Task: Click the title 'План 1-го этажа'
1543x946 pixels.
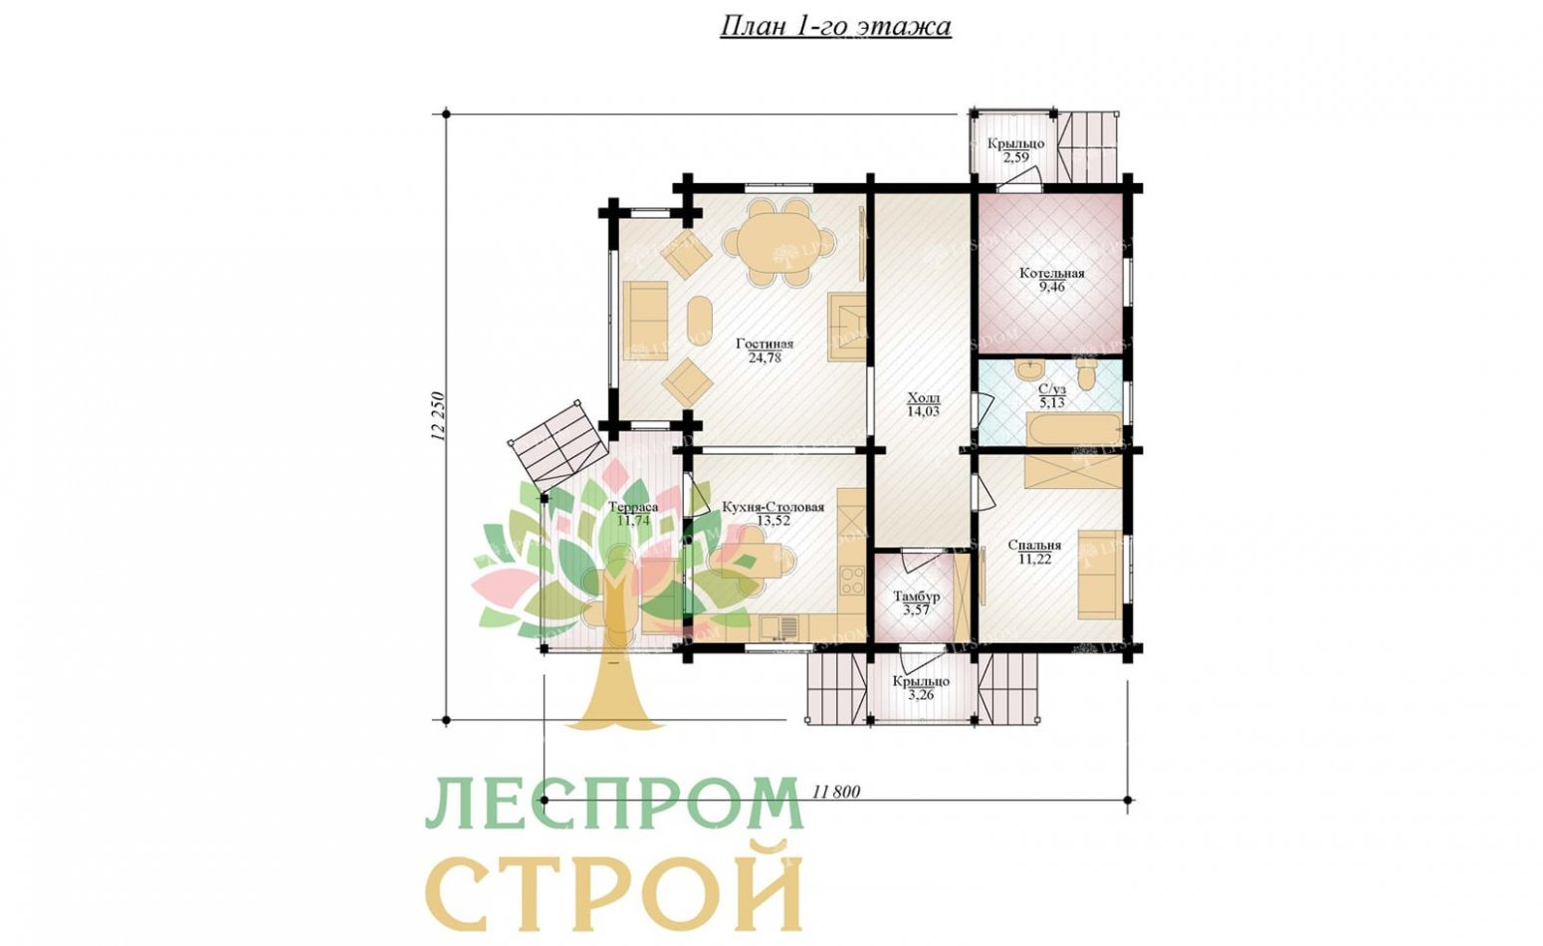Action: coord(835,26)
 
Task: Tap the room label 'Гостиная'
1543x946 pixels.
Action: coord(765,344)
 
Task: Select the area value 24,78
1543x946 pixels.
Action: coord(765,357)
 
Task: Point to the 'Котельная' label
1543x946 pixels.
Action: coord(1051,273)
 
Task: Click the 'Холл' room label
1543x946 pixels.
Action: coord(923,397)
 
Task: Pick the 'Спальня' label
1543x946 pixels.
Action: coord(1033,545)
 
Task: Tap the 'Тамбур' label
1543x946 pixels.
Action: coord(916,596)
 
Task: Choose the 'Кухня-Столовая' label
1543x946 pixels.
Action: coord(773,507)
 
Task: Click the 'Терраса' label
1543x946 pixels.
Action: coord(633,507)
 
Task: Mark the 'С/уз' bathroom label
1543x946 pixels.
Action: coord(1051,389)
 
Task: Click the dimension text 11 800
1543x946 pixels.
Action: coord(835,792)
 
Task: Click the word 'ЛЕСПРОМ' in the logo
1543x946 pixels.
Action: coord(614,805)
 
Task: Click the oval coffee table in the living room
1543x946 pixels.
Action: coord(698,323)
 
